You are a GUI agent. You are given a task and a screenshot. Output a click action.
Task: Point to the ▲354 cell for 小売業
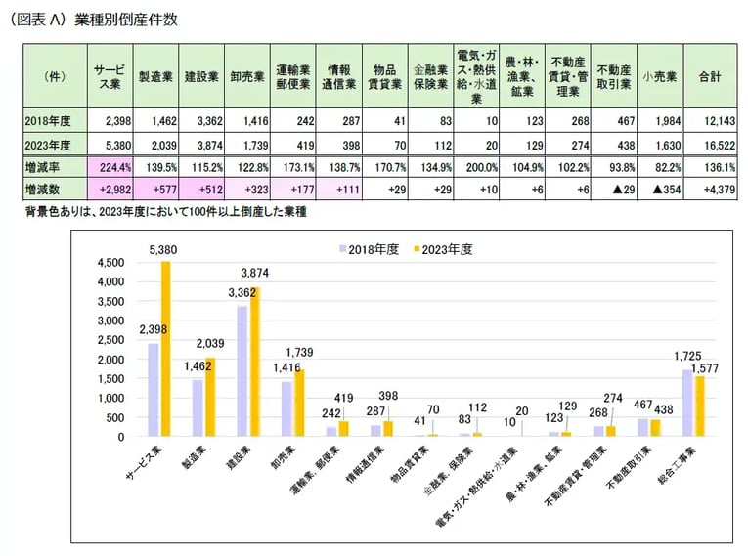pyautogui.click(x=658, y=190)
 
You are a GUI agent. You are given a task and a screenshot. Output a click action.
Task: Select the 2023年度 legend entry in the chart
pyautogui.click(x=443, y=249)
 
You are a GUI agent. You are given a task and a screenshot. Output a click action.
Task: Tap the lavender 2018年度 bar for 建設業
pyautogui.click(x=241, y=370)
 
